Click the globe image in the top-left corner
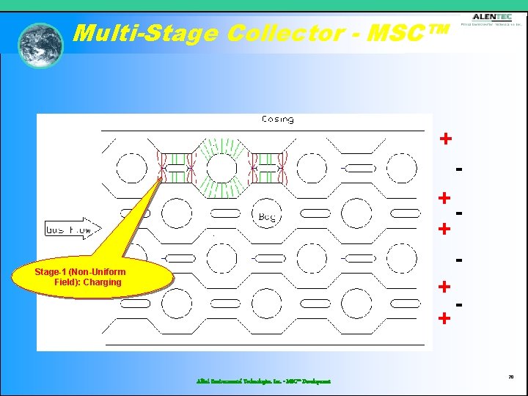40,45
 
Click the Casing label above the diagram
277,120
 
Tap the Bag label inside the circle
267,216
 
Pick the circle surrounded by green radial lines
221,168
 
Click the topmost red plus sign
445,139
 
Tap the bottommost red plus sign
444,318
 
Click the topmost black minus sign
458,169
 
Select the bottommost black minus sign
458,303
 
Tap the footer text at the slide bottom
263,381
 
